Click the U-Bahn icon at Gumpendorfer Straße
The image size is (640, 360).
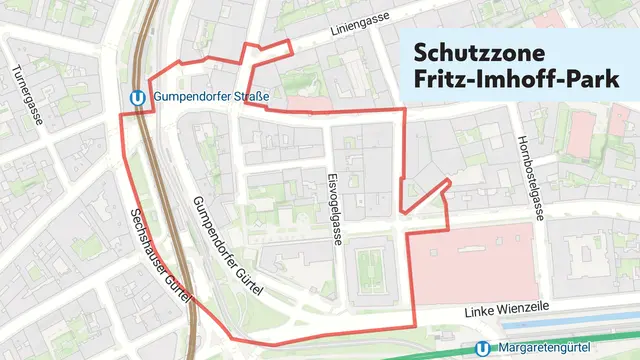(x=140, y=98)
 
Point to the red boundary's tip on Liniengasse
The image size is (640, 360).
(x=291, y=43)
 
